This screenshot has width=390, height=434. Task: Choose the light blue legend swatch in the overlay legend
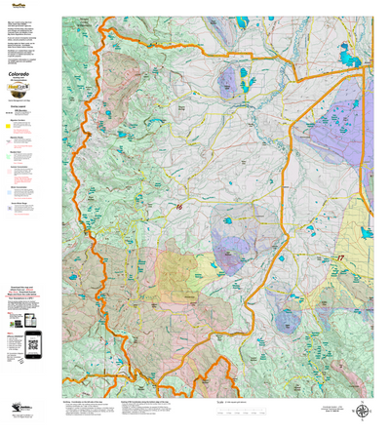pyautogui.click(x=10, y=192)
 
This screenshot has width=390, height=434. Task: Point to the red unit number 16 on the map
pyautogui.click(x=177, y=207)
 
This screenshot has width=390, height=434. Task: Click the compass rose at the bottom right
pyautogui.click(x=363, y=411)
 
